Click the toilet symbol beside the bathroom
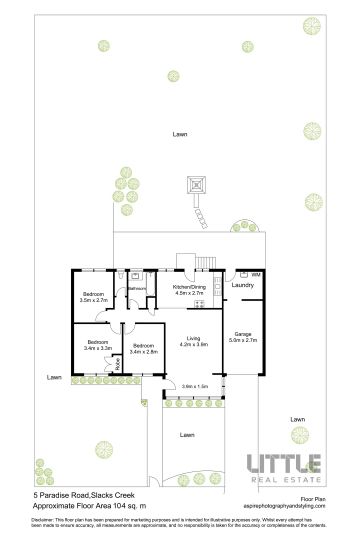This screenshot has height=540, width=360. click(120, 275)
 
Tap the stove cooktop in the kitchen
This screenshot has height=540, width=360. click(199, 304)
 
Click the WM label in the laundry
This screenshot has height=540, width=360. click(256, 275)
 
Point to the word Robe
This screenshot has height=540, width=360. click(117, 364)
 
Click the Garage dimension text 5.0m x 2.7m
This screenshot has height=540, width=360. click(243, 340)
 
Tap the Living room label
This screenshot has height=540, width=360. click(193, 337)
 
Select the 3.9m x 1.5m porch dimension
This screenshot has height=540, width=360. click(195, 386)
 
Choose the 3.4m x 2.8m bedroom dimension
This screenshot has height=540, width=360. click(143, 352)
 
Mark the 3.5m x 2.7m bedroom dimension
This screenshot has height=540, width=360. click(93, 300)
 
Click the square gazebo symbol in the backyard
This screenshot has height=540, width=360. click(196, 185)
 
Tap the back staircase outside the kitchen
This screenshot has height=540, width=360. click(205, 262)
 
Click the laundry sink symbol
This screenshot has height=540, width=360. click(244, 274)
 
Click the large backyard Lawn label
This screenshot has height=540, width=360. click(180, 134)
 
